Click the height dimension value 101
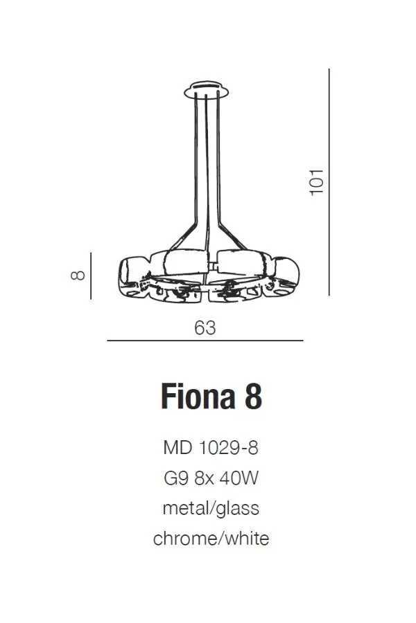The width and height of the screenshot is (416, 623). pos(317,181)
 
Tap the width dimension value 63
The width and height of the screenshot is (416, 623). pos(205,328)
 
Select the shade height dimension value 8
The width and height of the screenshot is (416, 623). pos(78,275)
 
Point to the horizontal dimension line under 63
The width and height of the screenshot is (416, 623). pos(205,341)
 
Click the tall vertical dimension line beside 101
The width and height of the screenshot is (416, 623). pos(329,182)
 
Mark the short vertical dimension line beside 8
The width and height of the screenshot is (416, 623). pos(91,276)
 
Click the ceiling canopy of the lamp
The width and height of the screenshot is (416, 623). pos(207,90)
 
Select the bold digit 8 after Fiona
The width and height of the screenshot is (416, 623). pos(253,396)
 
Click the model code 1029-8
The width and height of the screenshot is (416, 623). pos(229,448)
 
